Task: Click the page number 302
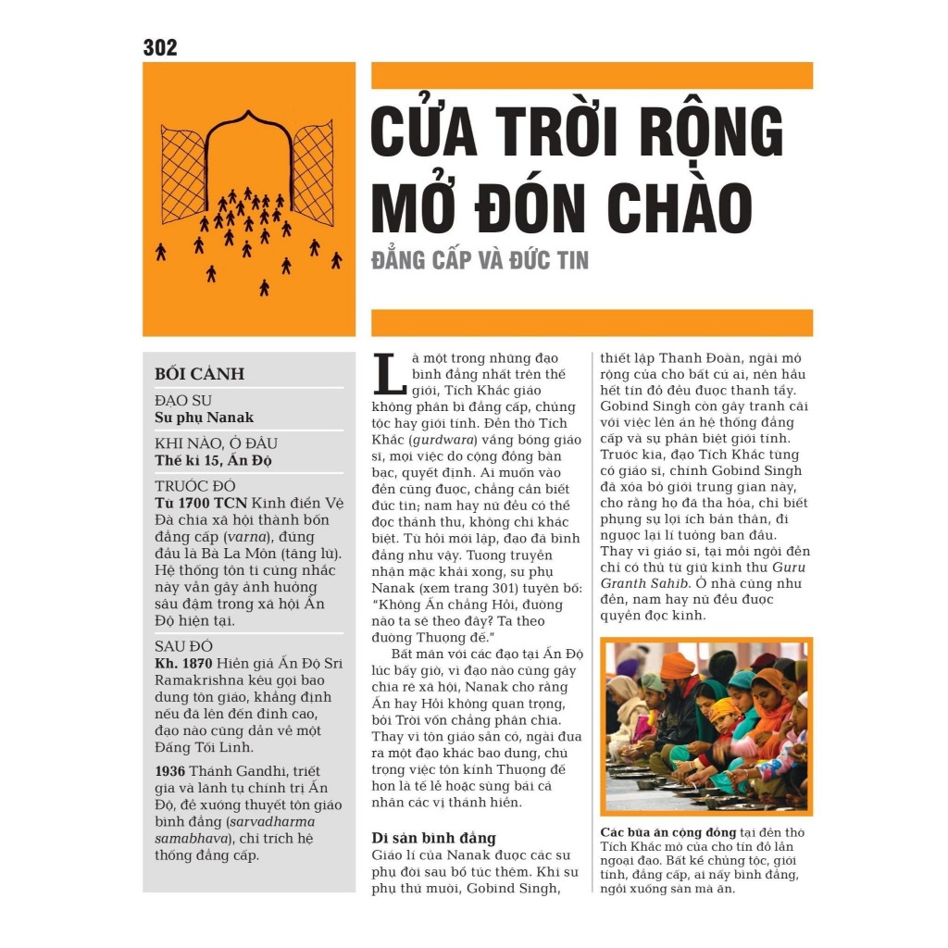coord(159,47)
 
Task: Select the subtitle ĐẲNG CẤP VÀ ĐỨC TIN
coord(480,260)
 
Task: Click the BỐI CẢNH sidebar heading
coord(199,374)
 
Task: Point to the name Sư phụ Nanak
coord(204,417)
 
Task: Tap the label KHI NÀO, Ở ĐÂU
coord(216,443)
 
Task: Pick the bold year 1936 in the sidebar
coord(170,771)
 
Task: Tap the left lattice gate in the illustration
coord(182,174)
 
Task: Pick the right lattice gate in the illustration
coord(313,174)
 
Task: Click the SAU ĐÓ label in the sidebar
coord(182,646)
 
